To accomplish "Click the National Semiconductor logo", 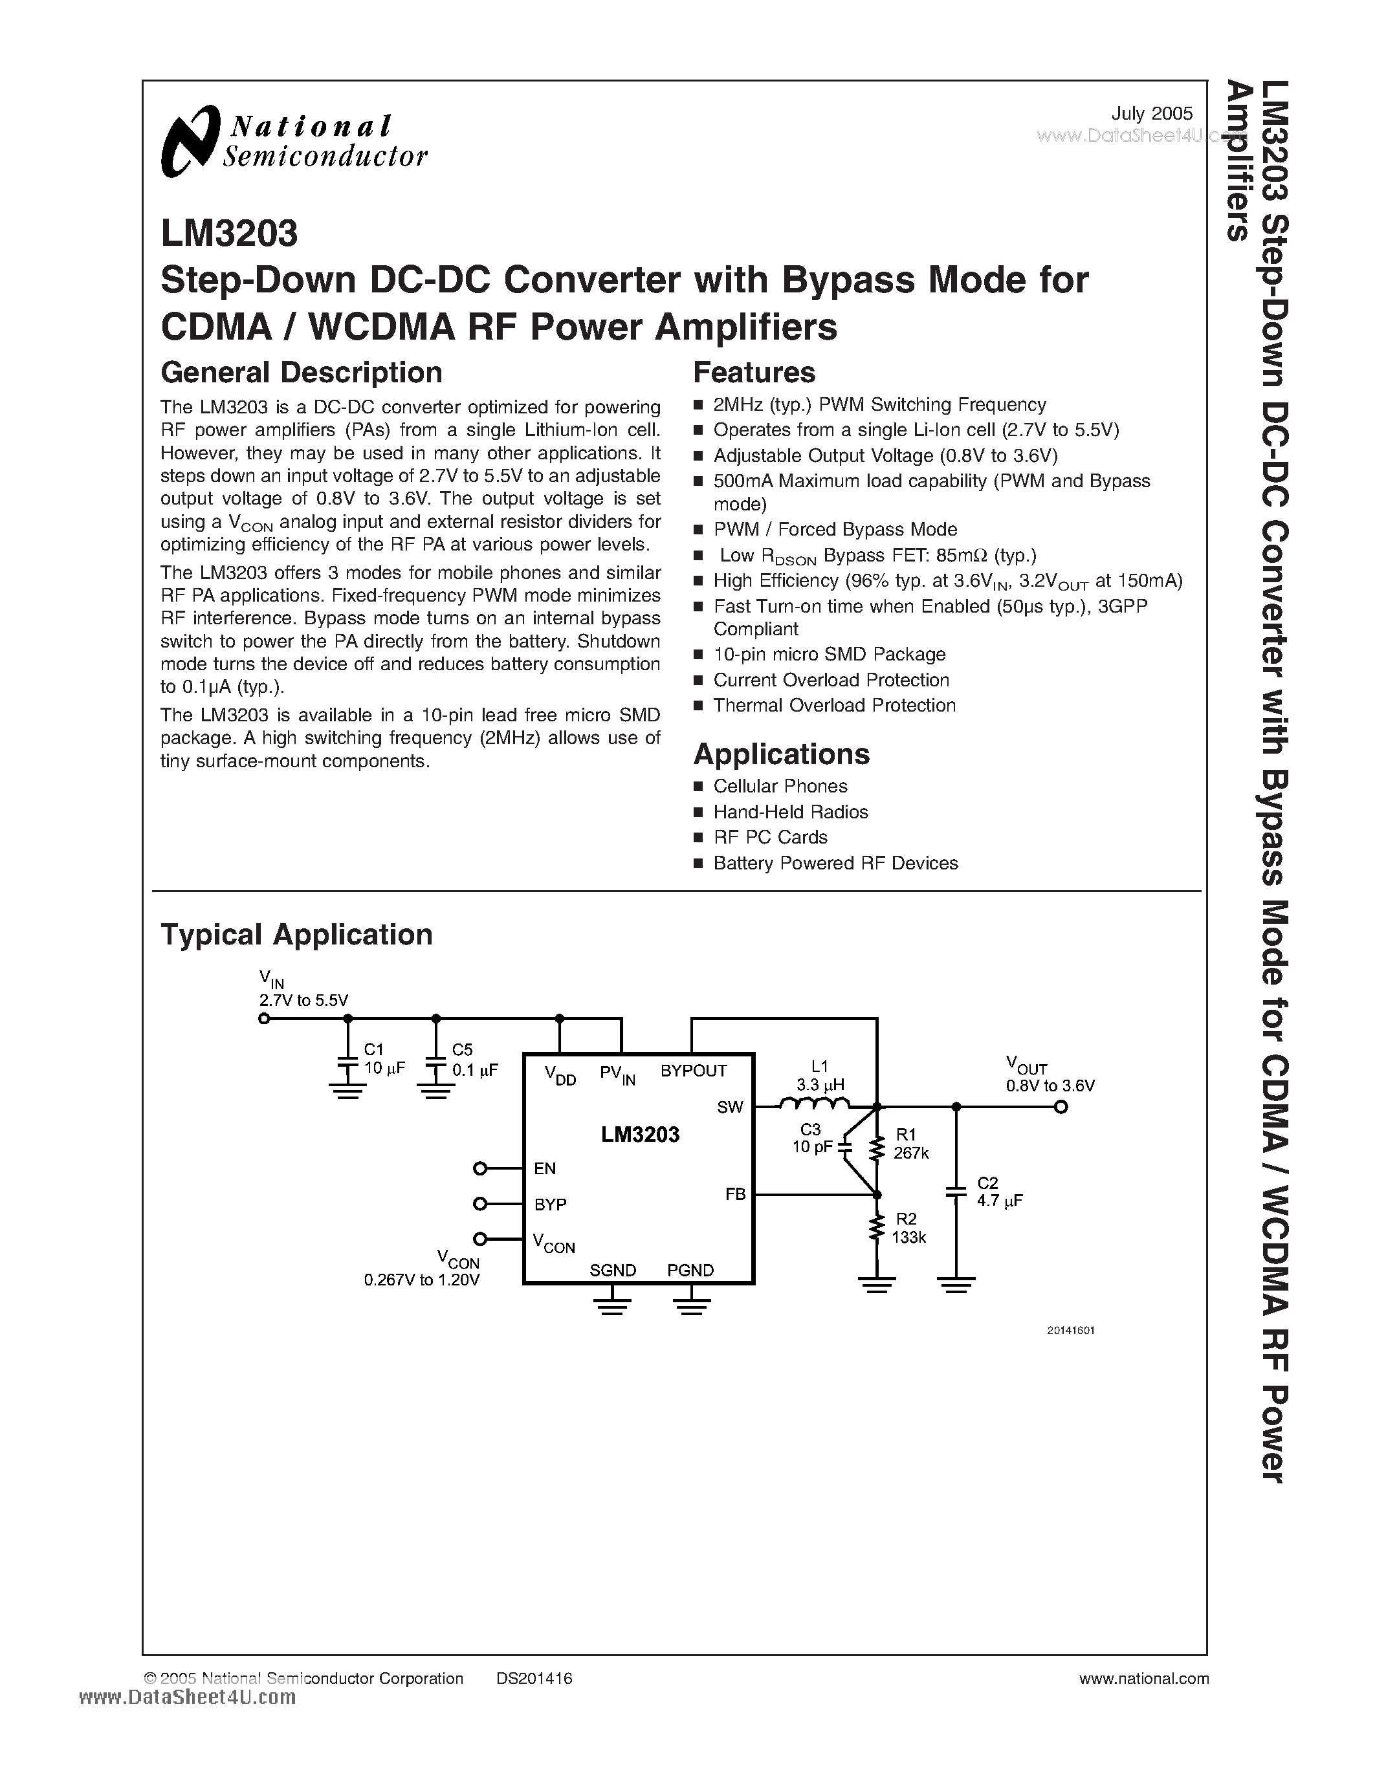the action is [293, 141].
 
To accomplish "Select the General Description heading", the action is [302, 372].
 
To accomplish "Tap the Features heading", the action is [753, 372].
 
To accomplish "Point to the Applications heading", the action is [781, 754].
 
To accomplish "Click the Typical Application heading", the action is [296, 934].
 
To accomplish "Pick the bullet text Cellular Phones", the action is [780, 786].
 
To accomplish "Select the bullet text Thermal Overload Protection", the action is [834, 705].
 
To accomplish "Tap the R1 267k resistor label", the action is [910, 1144].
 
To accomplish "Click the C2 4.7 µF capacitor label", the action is [998, 1192].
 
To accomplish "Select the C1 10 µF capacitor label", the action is [384, 1059].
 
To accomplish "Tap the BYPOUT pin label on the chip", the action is [693, 1071].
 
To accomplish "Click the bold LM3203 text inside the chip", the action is [640, 1135].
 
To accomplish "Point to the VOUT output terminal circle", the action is [1061, 1107].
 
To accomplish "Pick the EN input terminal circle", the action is [479, 1169].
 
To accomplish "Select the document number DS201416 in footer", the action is [534, 1678].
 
